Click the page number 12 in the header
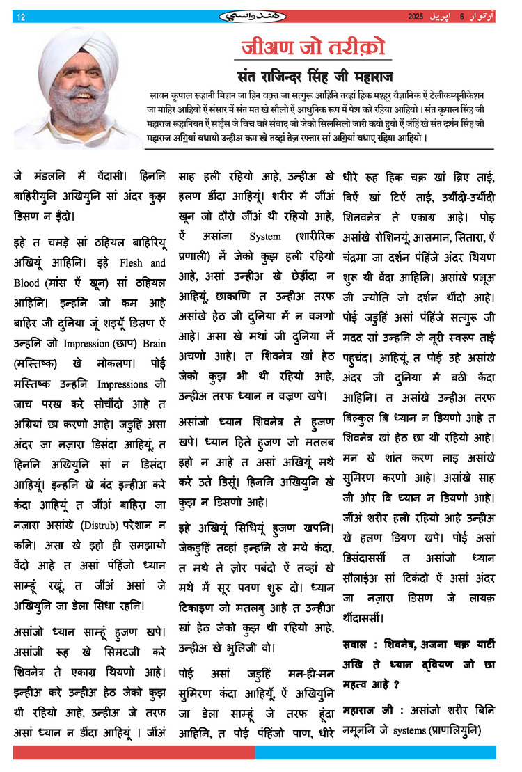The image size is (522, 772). pyautogui.click(x=20, y=17)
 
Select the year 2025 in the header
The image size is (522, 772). pyautogui.click(x=416, y=16)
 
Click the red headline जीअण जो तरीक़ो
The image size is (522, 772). pyautogui.click(x=311, y=48)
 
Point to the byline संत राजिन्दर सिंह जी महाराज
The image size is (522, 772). pyautogui.click(x=311, y=76)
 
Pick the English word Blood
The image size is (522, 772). pyautogui.click(x=27, y=284)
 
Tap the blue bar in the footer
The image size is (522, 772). pyautogui.click(x=375, y=753)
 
